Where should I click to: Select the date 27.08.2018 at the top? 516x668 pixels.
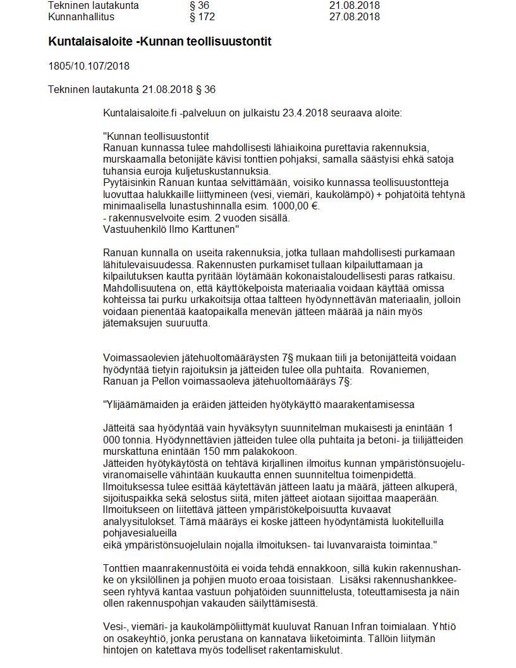point(354,16)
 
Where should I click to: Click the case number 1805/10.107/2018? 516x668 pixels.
point(89,66)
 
